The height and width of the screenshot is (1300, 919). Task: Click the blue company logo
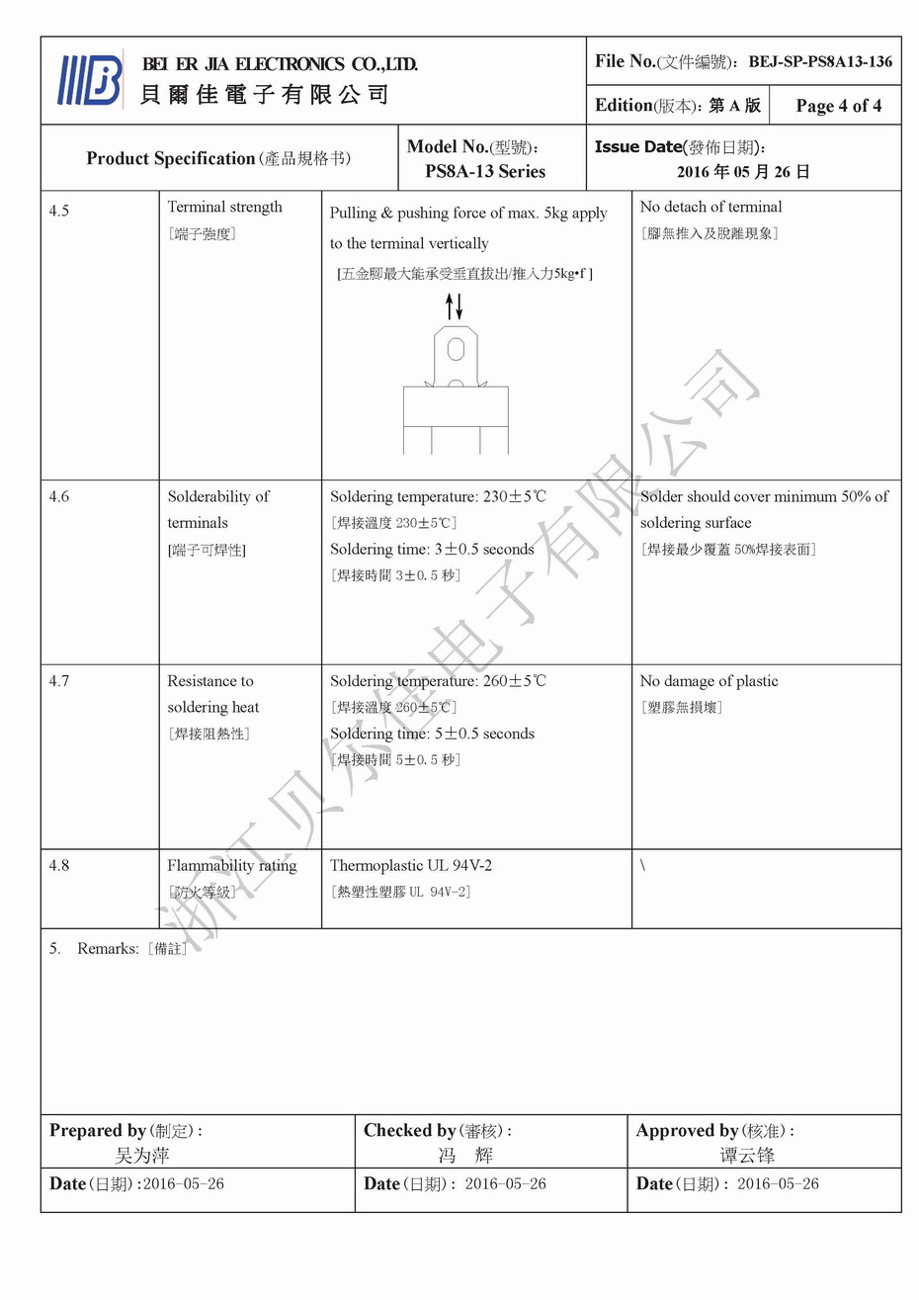(x=90, y=80)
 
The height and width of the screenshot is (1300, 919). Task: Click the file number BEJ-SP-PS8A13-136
(x=819, y=61)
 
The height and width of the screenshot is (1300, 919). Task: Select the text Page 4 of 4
(x=838, y=106)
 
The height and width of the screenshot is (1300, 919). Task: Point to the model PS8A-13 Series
(x=485, y=171)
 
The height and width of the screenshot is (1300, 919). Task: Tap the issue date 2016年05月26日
(x=743, y=171)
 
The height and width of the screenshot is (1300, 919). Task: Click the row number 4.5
(x=59, y=211)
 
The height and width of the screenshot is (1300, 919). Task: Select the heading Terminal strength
(x=224, y=207)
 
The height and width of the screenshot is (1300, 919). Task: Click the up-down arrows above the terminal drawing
(x=454, y=306)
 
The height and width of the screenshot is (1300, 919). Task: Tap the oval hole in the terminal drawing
(x=456, y=349)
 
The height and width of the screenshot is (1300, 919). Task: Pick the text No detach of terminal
(x=710, y=207)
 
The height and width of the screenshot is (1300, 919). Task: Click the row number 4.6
(x=59, y=496)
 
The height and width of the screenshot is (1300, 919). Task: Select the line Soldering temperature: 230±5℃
(x=437, y=496)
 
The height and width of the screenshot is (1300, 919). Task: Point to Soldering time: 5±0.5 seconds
(x=432, y=734)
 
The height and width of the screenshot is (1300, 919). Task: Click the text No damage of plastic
(x=709, y=681)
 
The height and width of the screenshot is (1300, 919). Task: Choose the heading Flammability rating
(x=231, y=865)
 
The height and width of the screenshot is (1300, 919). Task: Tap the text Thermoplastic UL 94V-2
(x=410, y=865)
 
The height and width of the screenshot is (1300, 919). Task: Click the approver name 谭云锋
(x=747, y=1155)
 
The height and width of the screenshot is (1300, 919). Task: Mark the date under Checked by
(x=505, y=1183)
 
